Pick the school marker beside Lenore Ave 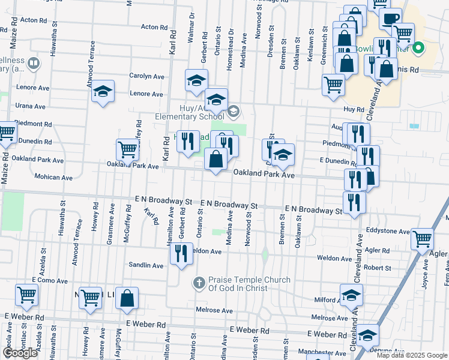[103, 91]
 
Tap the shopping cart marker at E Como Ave [27, 295]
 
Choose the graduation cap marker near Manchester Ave [368, 335]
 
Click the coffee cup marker [390, 18]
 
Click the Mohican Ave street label [53, 178]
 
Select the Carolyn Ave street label [146, 76]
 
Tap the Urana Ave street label [31, 106]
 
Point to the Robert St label [377, 267]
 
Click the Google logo [20, 353]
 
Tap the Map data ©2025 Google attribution [411, 355]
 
